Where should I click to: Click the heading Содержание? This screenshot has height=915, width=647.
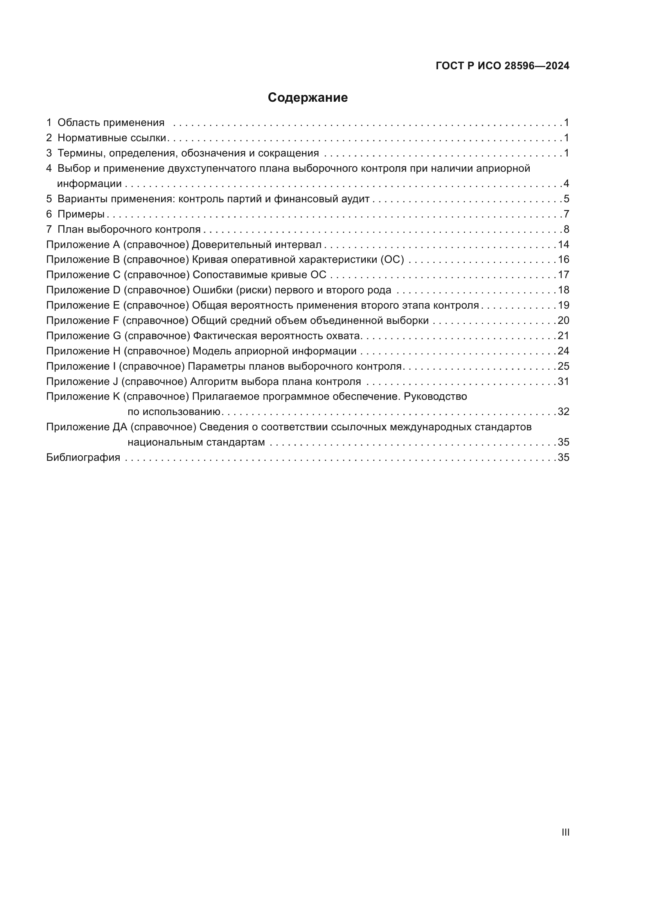click(307, 98)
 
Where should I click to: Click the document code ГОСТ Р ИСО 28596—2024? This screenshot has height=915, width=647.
click(502, 66)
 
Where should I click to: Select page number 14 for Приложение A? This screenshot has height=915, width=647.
click(563, 244)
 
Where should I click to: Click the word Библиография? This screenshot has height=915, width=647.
click(83, 458)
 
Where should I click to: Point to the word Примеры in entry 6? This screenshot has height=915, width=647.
click(81, 214)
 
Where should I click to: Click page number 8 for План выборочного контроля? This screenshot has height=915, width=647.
click(566, 230)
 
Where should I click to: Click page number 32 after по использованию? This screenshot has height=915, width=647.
click(563, 412)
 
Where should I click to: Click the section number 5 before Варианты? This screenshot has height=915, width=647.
click(49, 199)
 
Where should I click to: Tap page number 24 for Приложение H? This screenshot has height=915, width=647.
click(563, 351)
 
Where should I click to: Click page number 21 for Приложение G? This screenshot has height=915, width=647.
click(563, 336)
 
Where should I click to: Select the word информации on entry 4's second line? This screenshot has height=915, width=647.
click(89, 184)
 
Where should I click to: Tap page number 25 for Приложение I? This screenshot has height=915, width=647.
click(563, 366)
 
